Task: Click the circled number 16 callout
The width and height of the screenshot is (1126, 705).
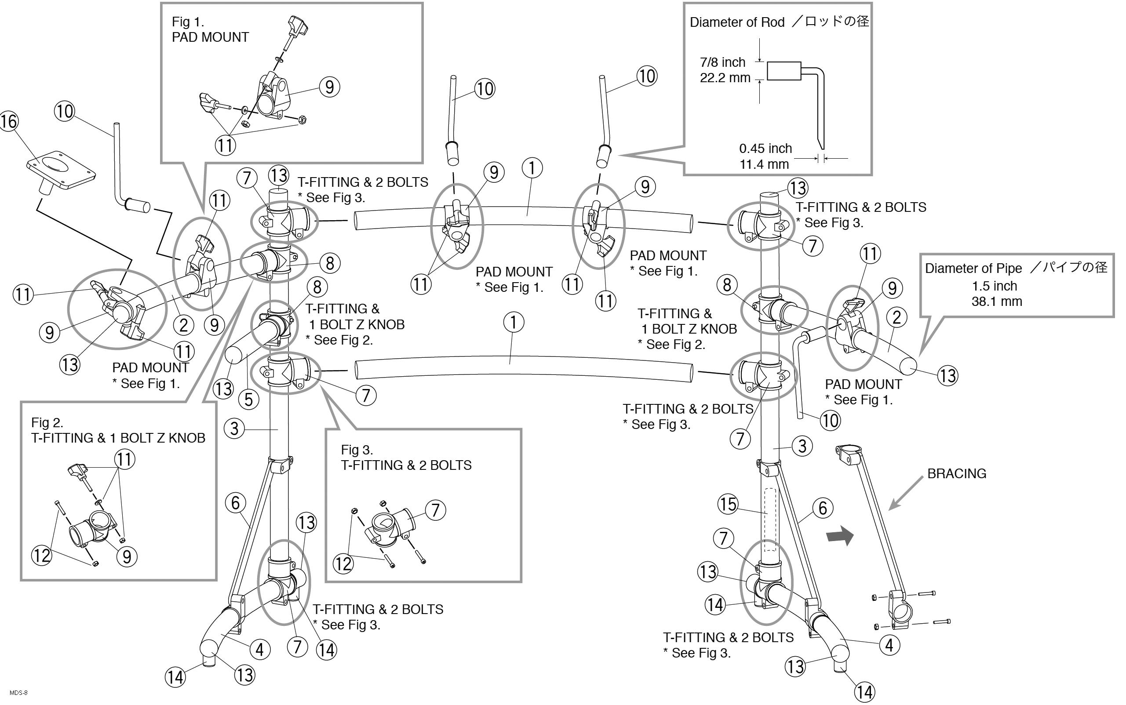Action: click(x=9, y=122)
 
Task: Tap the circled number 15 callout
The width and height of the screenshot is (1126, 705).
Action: click(x=728, y=504)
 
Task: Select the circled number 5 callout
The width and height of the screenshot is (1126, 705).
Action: click(x=248, y=400)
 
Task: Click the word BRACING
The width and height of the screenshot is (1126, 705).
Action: click(x=956, y=474)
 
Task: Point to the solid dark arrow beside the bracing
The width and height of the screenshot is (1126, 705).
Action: click(x=840, y=536)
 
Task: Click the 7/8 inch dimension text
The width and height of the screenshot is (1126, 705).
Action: click(x=722, y=62)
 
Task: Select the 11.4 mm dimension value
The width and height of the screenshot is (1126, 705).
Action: click(x=764, y=164)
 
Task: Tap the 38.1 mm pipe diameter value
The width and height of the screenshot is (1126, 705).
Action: click(x=997, y=302)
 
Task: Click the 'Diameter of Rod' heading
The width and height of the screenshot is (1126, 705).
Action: click(x=737, y=22)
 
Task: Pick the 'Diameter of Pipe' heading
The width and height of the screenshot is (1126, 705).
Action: click(x=973, y=269)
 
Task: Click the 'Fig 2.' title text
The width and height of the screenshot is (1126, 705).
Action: click(x=47, y=422)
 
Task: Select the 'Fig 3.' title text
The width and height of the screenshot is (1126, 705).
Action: click(x=357, y=450)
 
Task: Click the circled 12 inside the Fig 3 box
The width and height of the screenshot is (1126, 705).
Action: click(x=343, y=564)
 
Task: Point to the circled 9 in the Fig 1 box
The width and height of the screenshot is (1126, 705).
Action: click(x=329, y=87)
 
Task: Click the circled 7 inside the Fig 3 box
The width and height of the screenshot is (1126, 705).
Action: click(x=435, y=510)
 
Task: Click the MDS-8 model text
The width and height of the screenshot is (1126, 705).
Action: click(x=18, y=693)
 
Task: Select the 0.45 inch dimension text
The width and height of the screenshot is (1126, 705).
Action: click(x=765, y=149)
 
